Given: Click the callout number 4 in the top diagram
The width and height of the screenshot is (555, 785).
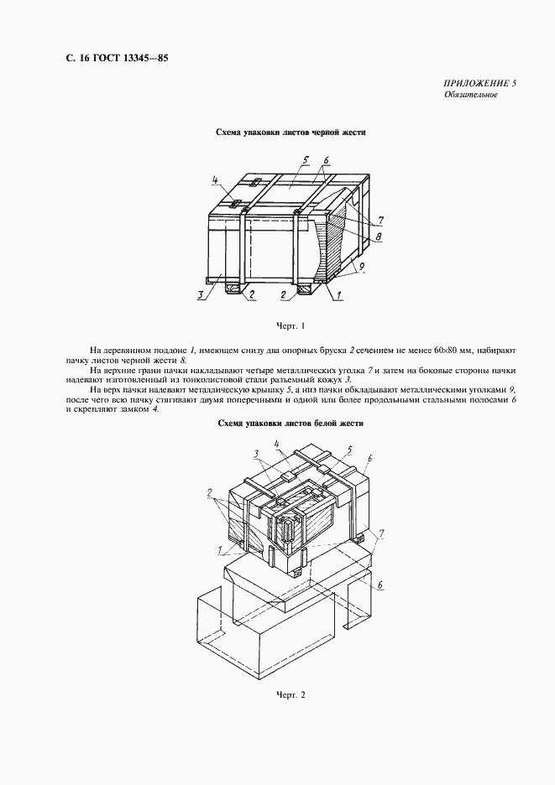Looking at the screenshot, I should point(215,179).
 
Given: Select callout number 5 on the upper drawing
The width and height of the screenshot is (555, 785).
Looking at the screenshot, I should point(307,159).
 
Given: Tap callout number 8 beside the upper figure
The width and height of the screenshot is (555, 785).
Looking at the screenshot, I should point(380,237).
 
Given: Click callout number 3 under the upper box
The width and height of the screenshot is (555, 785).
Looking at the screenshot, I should point(202,294).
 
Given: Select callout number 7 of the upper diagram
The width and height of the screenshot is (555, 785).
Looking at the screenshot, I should point(380,221).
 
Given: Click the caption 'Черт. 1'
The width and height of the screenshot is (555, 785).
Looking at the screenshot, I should point(290,325).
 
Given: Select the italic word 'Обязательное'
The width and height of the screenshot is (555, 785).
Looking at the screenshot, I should point(471,95).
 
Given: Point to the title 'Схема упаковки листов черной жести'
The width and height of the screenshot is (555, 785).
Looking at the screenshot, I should point(290,133).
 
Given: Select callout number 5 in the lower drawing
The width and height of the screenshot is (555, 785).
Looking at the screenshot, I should point(348,450).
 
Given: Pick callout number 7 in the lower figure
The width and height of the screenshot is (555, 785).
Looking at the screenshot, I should point(382,533).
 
